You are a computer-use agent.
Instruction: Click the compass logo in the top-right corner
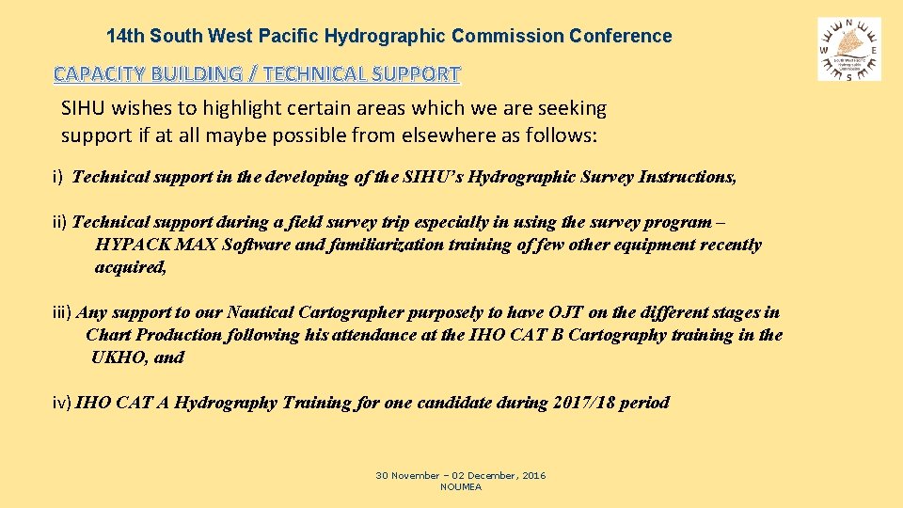849,48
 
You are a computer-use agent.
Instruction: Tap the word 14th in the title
126,37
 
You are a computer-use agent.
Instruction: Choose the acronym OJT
565,312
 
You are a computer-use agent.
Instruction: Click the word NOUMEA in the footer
461,486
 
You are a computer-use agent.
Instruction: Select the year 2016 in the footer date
531,476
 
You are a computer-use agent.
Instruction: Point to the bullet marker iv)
62,403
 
